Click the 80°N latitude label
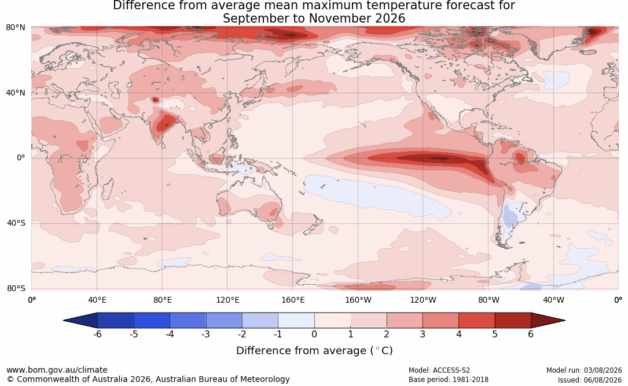[15, 28]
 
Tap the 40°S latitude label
[16, 223]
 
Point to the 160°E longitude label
[293, 300]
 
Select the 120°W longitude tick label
[423, 300]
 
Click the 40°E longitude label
[97, 300]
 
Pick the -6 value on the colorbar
[97, 334]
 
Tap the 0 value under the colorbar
[314, 334]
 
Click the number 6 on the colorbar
[531, 334]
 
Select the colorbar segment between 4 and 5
[476, 321]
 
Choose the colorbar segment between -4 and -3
[188, 321]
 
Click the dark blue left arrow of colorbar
[80, 321]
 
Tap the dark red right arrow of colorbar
[548, 321]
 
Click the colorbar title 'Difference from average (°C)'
[314, 351]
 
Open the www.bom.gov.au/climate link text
[57, 370]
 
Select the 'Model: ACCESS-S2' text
[439, 370]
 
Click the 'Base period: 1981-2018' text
[449, 380]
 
